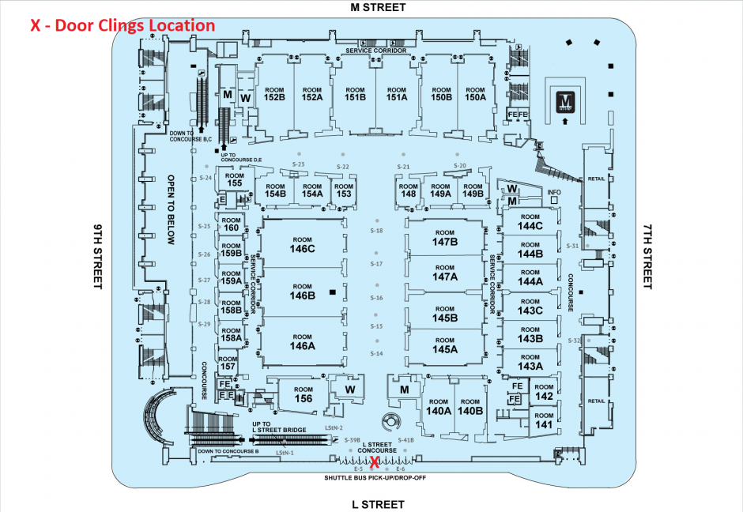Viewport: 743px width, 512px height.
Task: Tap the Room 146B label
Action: tap(302, 292)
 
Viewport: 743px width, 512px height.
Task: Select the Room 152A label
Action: tap(312, 94)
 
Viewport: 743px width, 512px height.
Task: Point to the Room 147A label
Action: tap(445, 273)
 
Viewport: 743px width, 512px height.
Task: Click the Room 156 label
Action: tap(303, 394)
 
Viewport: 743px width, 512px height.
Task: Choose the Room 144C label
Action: tap(530, 222)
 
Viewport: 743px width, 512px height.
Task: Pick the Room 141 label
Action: tap(543, 420)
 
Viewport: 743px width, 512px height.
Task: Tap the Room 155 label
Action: tap(234, 179)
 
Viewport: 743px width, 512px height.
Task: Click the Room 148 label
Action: tap(409, 190)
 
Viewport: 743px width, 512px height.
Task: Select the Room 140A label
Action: tap(438, 407)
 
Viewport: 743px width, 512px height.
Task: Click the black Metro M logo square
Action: tap(565, 101)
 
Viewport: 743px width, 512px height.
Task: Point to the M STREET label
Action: tap(378, 7)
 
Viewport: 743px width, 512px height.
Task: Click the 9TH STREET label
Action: tap(98, 256)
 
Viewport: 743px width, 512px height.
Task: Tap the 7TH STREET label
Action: tap(647, 256)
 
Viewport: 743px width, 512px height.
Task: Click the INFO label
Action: tap(554, 192)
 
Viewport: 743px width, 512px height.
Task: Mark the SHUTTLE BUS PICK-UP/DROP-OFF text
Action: tap(370, 479)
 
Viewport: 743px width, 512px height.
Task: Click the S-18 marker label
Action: tap(376, 231)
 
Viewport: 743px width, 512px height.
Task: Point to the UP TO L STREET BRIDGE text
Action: tap(279, 427)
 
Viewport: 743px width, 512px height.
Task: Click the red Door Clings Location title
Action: tap(123, 25)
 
